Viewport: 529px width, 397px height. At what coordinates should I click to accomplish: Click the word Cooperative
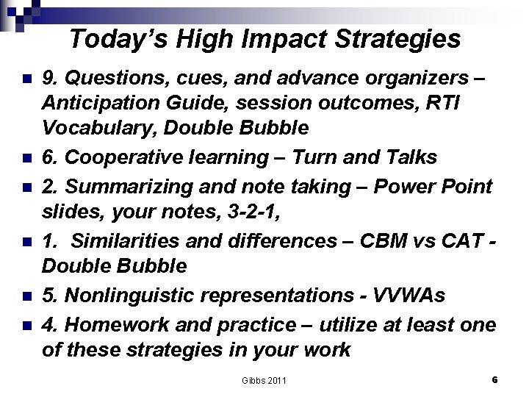(x=123, y=157)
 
